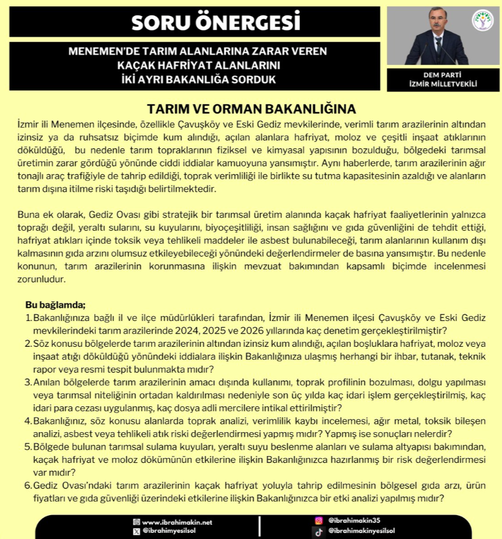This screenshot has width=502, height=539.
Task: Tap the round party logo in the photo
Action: point(482,20)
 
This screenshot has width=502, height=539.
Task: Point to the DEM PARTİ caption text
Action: point(434,75)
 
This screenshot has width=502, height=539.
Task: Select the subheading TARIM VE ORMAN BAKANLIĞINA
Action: point(251,109)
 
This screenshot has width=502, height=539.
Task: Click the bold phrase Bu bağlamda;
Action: point(55,304)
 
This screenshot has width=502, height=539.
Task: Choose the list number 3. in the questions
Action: point(29,382)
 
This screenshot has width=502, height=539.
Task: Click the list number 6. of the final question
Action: point(29,486)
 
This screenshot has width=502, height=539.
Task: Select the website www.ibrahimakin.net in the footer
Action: point(177,522)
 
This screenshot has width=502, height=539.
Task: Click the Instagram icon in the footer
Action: point(318,520)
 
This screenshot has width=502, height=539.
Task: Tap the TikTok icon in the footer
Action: point(318,531)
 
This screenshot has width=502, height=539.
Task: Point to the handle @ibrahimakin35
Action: point(355,520)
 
